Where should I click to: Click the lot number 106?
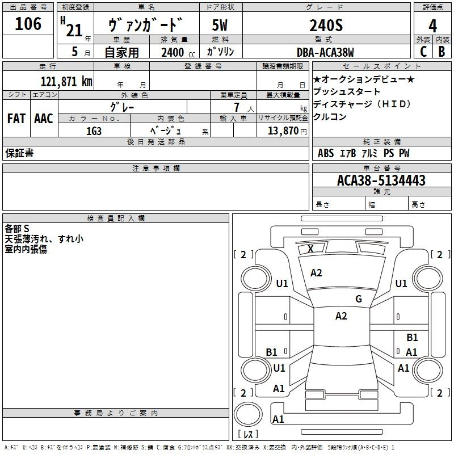coord(28,24)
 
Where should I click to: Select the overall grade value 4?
coord(432,26)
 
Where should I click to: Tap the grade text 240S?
coord(326,26)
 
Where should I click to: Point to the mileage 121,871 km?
coord(66,82)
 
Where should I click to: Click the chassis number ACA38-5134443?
coord(381,180)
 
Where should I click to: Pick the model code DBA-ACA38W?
coord(325,52)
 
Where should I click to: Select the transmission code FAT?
coord(16,119)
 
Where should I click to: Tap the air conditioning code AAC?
coord(44,119)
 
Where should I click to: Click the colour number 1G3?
coord(94,131)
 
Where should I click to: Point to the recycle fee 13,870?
coord(283,131)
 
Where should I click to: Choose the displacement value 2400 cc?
coord(178,52)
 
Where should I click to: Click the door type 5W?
coord(220,25)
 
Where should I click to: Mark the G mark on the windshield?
coord(359,299)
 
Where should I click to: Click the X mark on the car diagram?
coord(310,249)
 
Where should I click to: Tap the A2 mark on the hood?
coord(316,273)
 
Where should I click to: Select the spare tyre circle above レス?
coord(248,414)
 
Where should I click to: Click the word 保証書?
coord(19,153)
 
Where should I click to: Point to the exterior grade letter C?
coord(423,52)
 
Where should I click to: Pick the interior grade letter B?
coord(442,52)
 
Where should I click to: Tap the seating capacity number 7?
coord(237,107)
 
